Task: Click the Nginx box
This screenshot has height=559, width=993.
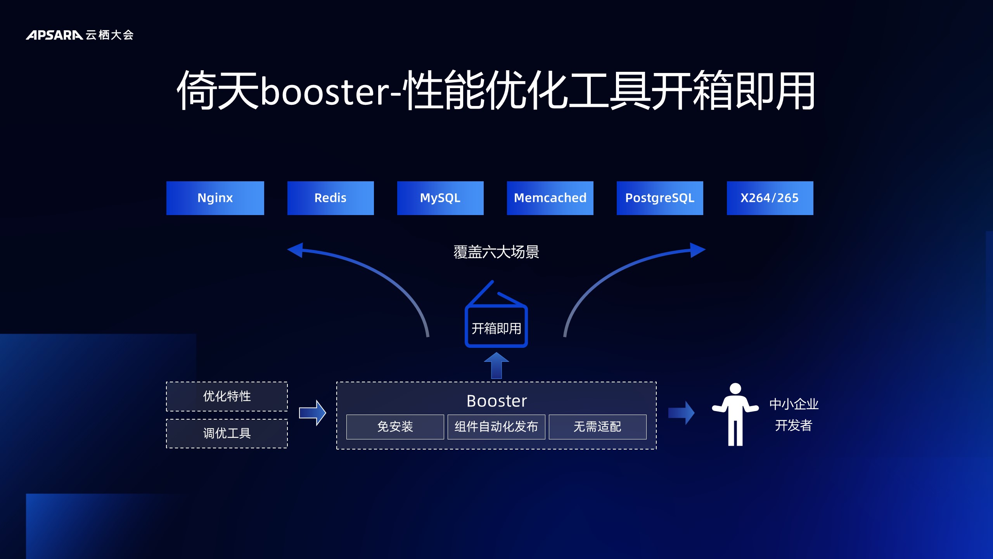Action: pos(215,198)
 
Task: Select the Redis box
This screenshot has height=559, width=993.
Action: pos(330,198)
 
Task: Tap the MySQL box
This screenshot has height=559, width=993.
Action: pos(440,198)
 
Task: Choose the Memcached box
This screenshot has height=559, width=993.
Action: pos(550,198)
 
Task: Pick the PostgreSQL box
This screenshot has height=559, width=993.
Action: pos(660,198)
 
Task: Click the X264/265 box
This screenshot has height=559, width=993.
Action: pos(770,198)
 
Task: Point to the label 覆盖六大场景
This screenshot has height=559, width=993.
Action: pos(496,252)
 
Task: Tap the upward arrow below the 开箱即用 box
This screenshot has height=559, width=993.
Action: pos(496,366)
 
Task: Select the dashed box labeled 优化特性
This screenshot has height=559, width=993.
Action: pos(227,396)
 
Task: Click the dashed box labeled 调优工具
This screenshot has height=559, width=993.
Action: pos(227,434)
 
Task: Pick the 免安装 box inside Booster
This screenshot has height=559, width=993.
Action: pos(395,427)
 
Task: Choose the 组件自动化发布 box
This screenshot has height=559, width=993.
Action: pos(496,427)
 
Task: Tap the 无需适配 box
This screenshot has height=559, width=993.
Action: pos(598,427)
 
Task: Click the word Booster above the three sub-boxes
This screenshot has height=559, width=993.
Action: pos(496,401)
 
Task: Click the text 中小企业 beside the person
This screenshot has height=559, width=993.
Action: pos(794,404)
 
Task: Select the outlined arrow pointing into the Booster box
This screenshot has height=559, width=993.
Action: pos(313,413)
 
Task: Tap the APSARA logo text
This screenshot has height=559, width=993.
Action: pos(54,35)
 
